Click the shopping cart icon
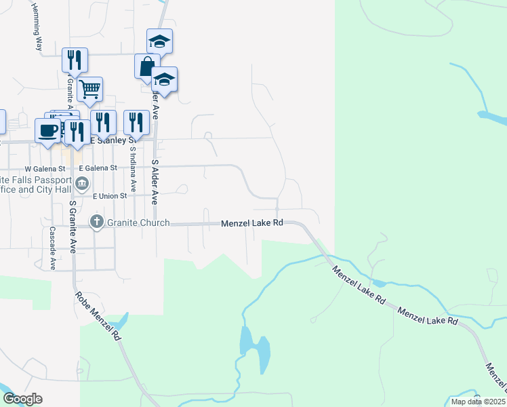click(x=89, y=88)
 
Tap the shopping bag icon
click(x=147, y=66)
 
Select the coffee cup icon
click(x=47, y=130)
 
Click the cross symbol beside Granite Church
click(x=97, y=222)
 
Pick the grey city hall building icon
click(x=82, y=182)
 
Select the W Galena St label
click(x=45, y=168)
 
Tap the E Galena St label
click(x=98, y=168)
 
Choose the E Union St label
click(x=110, y=195)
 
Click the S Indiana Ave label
click(x=133, y=170)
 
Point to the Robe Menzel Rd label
click(x=98, y=315)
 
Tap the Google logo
click(x=22, y=399)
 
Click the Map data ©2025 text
click(x=478, y=402)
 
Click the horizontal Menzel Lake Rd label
click(x=251, y=223)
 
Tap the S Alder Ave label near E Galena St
click(x=155, y=182)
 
